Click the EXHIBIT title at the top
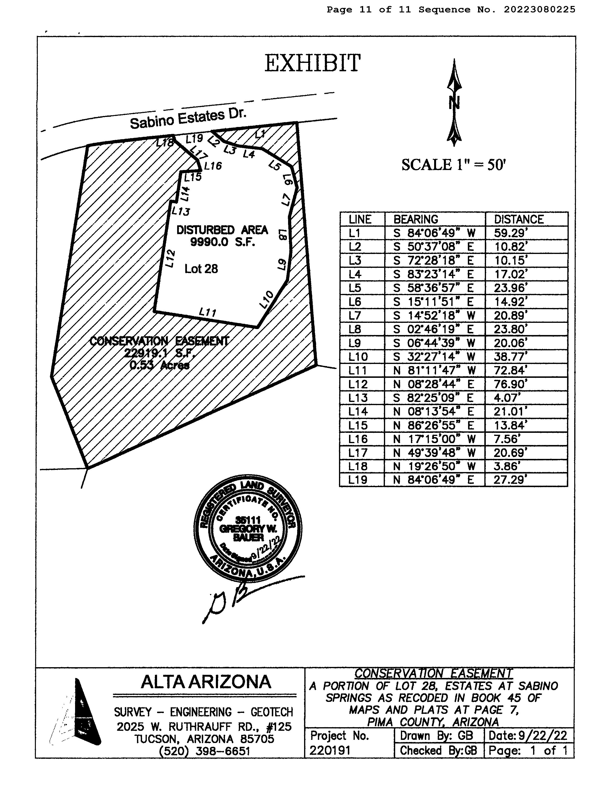click(312, 63)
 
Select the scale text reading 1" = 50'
click(453, 165)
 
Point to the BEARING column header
click(416, 219)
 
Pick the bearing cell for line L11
click(434, 370)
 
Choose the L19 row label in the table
click(358, 480)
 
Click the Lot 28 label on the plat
click(201, 269)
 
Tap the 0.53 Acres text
click(159, 365)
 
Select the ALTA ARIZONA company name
click(206, 682)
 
